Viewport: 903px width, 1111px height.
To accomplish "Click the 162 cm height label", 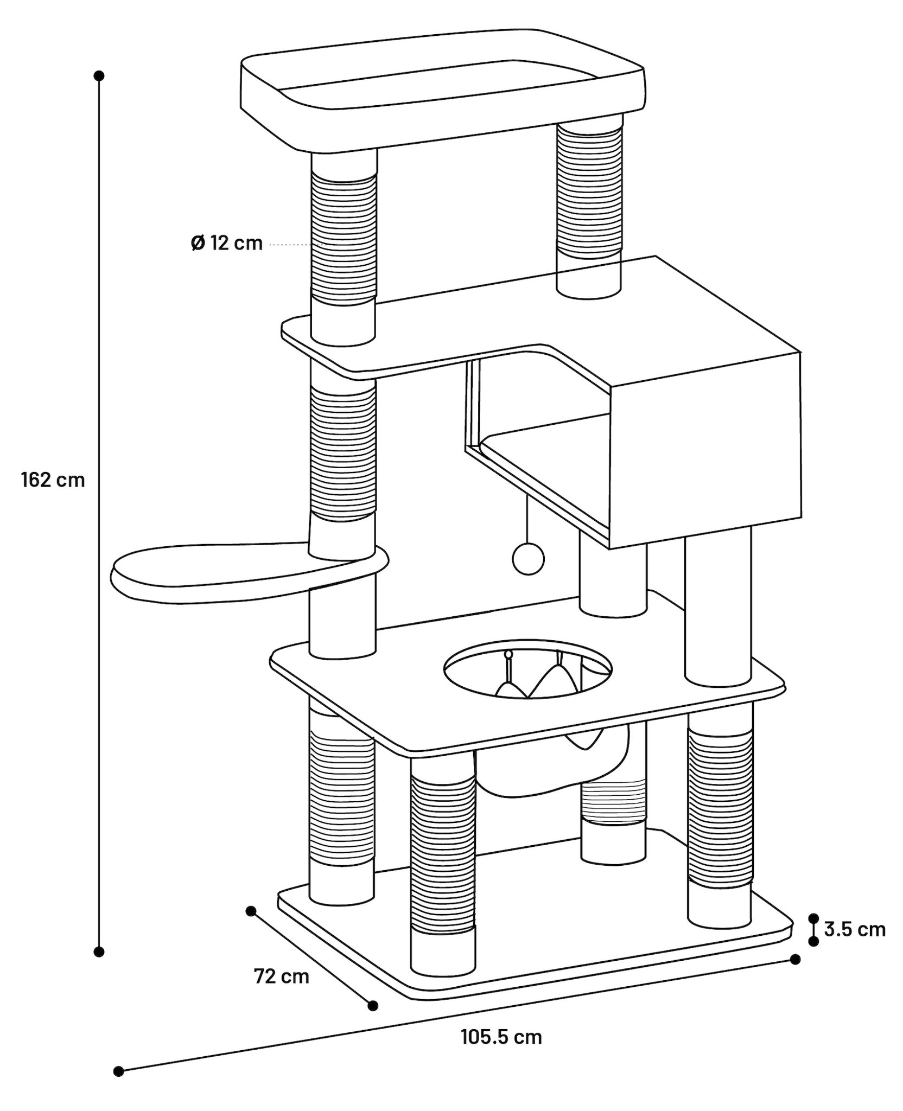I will pyautogui.click(x=53, y=480).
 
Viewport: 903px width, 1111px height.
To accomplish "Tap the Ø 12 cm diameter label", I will pyautogui.click(x=227, y=243).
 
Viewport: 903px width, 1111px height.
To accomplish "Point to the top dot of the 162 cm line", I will pyautogui.click(x=99, y=75).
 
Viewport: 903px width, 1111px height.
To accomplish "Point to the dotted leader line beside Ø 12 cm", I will pyautogui.click(x=296, y=245).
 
